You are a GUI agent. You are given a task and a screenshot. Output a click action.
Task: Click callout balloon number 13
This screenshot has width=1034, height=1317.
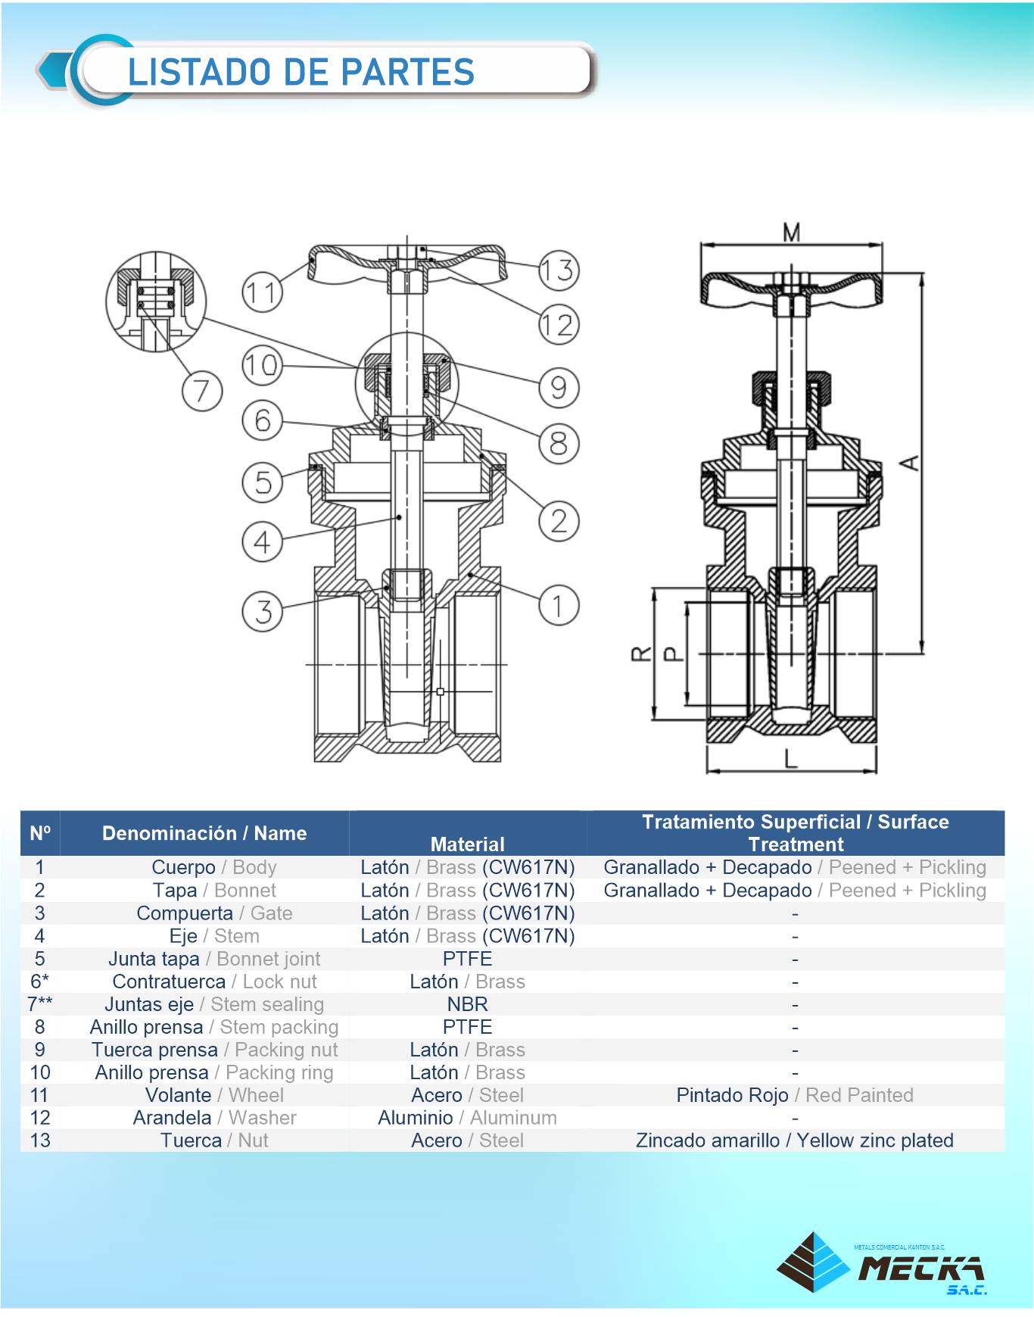pyautogui.click(x=559, y=270)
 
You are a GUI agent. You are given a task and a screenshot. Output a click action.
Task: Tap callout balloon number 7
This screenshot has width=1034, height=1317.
pyautogui.click(x=201, y=392)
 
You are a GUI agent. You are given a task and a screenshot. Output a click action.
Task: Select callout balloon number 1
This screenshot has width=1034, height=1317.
pyautogui.click(x=559, y=606)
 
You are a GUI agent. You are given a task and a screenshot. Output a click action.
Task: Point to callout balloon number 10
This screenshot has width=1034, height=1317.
pyautogui.click(x=262, y=366)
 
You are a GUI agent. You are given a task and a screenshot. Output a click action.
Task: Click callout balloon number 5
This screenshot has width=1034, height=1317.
pyautogui.click(x=262, y=482)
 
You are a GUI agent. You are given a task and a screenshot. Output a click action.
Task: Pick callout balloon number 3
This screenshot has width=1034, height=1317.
pyautogui.click(x=262, y=611)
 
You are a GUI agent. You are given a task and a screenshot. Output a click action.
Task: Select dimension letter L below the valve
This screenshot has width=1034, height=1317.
pyautogui.click(x=790, y=758)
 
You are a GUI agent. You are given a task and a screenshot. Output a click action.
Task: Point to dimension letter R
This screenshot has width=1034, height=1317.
pyautogui.click(x=641, y=653)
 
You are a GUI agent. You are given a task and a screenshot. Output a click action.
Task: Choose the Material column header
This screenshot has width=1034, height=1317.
pyautogui.click(x=467, y=844)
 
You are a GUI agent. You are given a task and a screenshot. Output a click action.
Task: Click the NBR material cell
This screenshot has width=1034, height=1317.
pyautogui.click(x=467, y=1004)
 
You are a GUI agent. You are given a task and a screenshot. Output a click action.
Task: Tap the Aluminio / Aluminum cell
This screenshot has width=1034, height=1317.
pyautogui.click(x=467, y=1118)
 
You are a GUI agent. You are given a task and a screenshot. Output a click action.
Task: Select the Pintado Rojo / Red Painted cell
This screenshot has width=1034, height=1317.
pyautogui.click(x=795, y=1095)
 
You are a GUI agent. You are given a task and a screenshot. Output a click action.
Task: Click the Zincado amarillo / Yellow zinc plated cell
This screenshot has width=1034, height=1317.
pyautogui.click(x=795, y=1141)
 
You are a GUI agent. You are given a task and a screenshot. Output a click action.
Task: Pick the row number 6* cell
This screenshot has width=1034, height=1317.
pyautogui.click(x=39, y=982)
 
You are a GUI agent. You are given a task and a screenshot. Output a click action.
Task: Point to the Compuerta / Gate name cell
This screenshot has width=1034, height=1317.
pyautogui.click(x=214, y=913)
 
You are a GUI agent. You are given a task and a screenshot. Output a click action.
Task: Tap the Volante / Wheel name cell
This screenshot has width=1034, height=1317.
pyautogui.click(x=214, y=1095)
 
